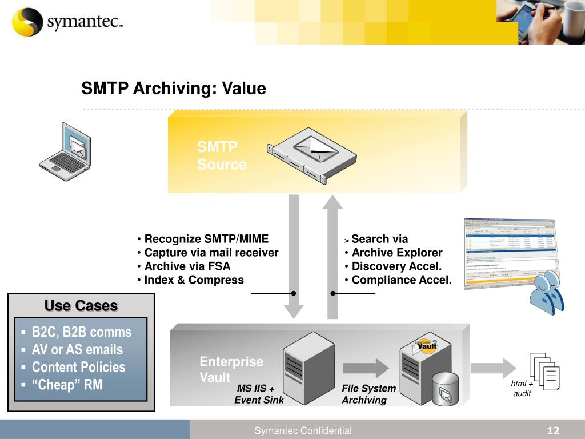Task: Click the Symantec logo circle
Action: (27, 22)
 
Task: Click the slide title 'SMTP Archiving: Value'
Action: (173, 89)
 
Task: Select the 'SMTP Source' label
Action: (221, 156)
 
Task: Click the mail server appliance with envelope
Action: (312, 155)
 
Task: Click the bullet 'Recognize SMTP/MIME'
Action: (206, 239)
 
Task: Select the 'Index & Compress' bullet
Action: (194, 280)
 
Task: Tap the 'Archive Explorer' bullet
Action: (396, 253)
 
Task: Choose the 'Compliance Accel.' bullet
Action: (401, 280)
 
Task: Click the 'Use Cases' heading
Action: (81, 306)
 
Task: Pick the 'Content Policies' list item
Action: (78, 368)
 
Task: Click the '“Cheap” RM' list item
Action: (67, 385)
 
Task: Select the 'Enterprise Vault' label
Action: (231, 369)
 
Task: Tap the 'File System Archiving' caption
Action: (368, 394)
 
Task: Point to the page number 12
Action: (553, 430)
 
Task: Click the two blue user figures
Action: (546, 293)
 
